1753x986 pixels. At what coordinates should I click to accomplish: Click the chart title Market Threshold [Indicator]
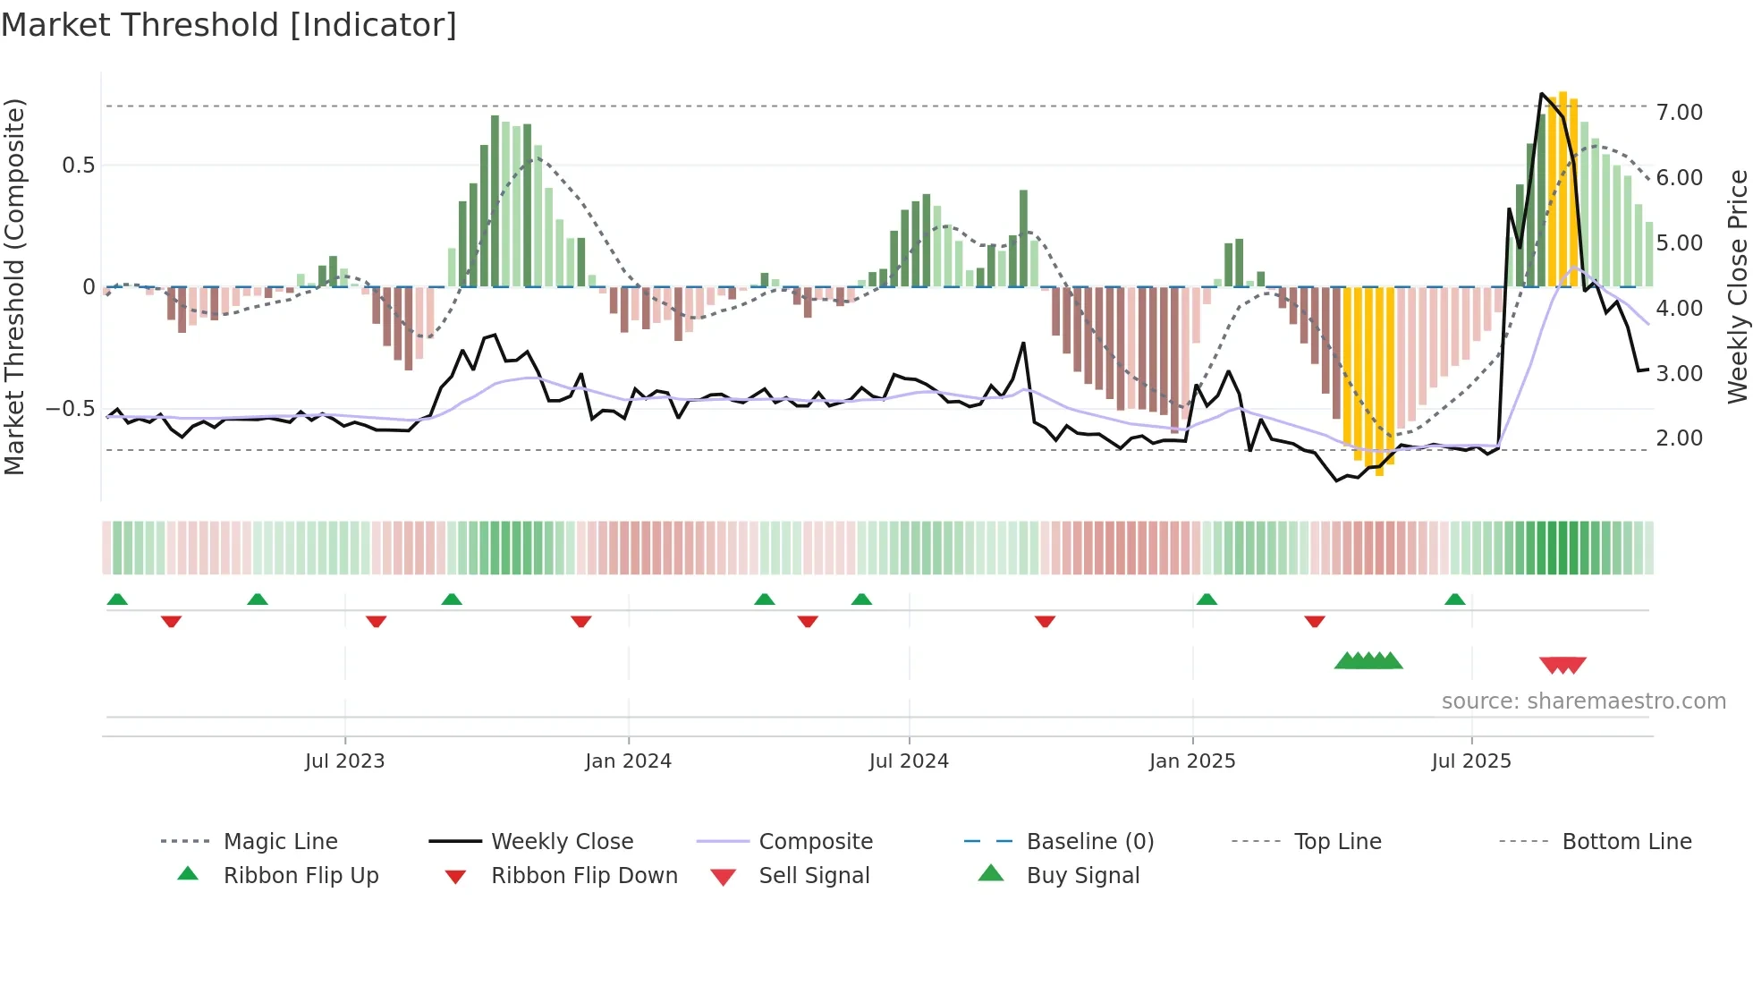[x=229, y=25]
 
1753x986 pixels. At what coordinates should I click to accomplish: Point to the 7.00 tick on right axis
[x=1679, y=113]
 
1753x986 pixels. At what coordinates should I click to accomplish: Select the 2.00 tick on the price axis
[x=1679, y=438]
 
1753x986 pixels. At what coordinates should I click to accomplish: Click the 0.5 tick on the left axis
[x=78, y=166]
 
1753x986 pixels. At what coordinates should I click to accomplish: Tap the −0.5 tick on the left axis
[x=70, y=409]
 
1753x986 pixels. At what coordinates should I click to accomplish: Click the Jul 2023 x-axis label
[x=344, y=761]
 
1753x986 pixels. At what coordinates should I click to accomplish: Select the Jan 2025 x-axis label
[x=1191, y=761]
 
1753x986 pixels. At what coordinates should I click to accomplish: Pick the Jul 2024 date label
[x=908, y=761]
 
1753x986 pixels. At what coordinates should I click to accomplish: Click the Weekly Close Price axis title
[x=1737, y=286]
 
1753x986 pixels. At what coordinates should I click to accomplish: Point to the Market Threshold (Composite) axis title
[x=14, y=286]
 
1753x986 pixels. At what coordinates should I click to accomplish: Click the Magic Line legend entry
[x=280, y=842]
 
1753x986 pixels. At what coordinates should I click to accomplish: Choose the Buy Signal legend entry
[x=1082, y=876]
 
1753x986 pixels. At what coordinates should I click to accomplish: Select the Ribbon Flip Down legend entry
[x=584, y=876]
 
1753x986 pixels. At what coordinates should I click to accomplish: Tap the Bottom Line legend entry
[x=1626, y=842]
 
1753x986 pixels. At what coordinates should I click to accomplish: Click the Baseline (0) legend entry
[x=1089, y=842]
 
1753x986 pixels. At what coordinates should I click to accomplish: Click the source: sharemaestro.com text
[x=1583, y=701]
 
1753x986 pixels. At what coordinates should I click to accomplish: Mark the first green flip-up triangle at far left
[x=117, y=599]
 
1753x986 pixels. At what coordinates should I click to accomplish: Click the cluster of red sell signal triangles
[x=1562, y=665]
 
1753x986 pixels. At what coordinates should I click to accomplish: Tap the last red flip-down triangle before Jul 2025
[x=1314, y=621]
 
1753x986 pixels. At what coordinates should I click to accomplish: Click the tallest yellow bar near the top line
[x=1562, y=188]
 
